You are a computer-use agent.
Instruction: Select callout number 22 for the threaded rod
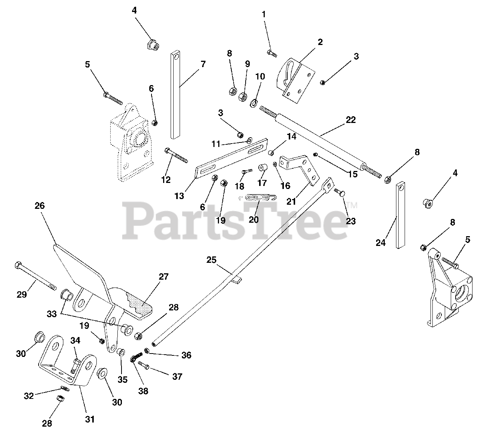click(x=351, y=120)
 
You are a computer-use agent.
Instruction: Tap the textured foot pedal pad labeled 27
click(x=140, y=302)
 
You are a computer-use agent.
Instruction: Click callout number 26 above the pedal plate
click(x=39, y=206)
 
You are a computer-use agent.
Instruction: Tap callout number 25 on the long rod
click(x=211, y=259)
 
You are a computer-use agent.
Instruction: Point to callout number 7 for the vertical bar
click(x=203, y=64)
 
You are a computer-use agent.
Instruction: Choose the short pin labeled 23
click(x=340, y=193)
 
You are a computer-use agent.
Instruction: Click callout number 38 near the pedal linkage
click(x=143, y=391)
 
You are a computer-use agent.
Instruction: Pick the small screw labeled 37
click(x=144, y=364)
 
